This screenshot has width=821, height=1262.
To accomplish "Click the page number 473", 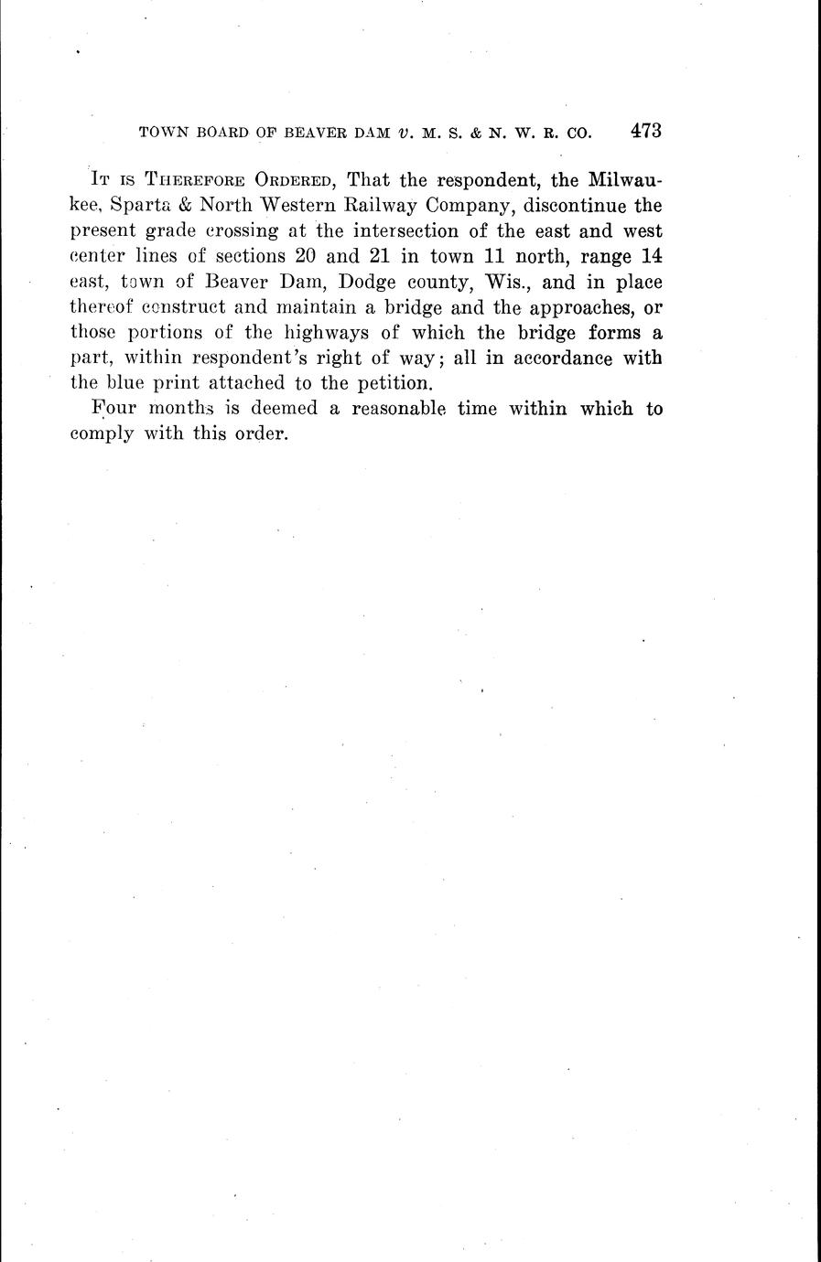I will [645, 130].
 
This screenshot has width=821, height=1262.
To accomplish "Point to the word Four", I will [115, 409].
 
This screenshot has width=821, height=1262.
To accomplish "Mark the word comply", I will [103, 435].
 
